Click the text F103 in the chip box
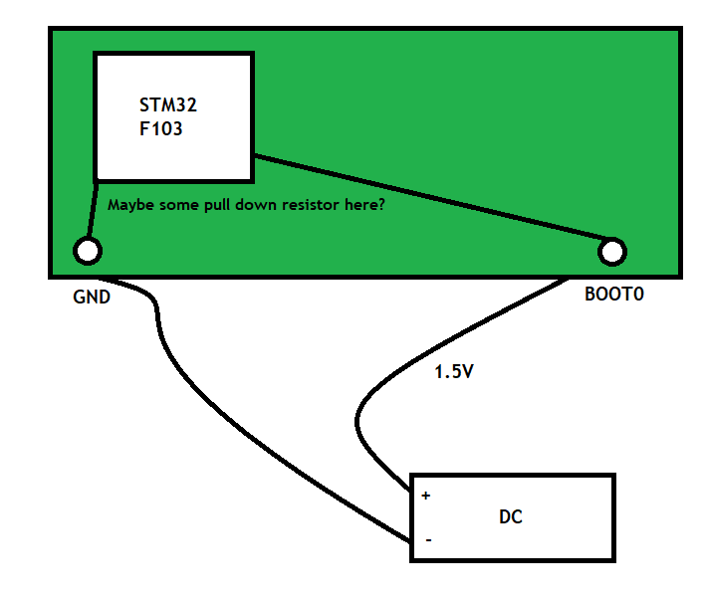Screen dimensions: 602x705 pyautogui.click(x=161, y=128)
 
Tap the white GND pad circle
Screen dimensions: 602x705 pyautogui.click(x=88, y=251)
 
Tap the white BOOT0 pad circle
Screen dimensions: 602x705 pyautogui.click(x=613, y=252)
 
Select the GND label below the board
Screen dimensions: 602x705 pyautogui.click(x=92, y=297)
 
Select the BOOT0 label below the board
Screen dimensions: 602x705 pyautogui.click(x=614, y=297)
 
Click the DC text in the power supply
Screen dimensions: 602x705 pyautogui.click(x=510, y=517)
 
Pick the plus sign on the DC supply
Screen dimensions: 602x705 pyautogui.click(x=426, y=496)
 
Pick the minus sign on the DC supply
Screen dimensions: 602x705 pyautogui.click(x=428, y=540)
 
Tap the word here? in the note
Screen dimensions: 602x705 pyautogui.click(x=364, y=206)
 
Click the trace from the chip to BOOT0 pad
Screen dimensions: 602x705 pyautogui.click(x=428, y=200)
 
